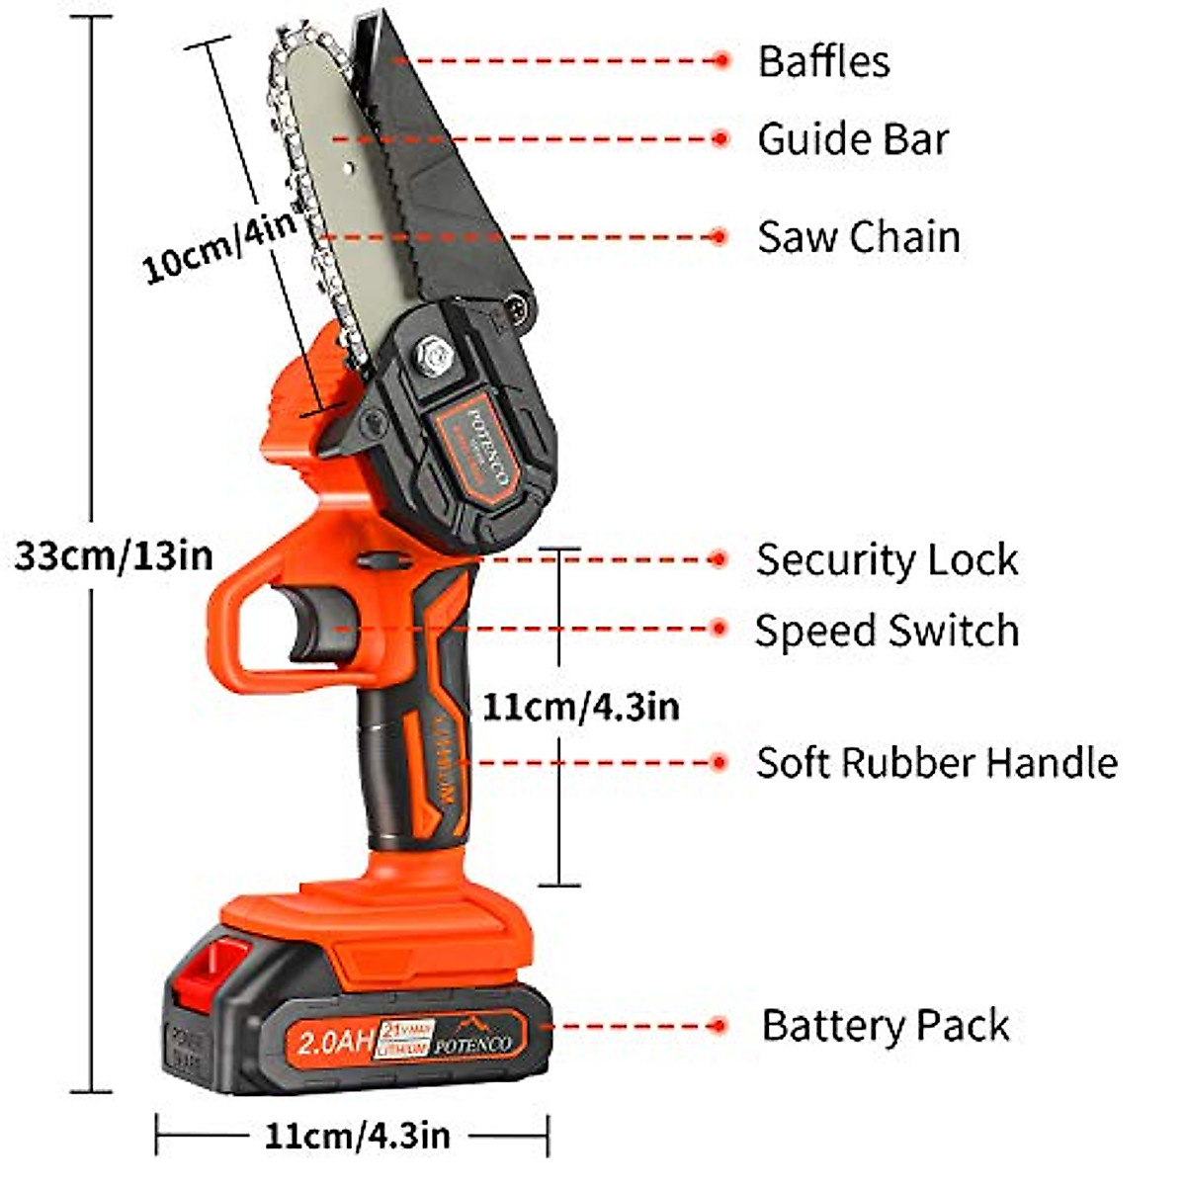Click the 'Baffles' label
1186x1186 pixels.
click(823, 61)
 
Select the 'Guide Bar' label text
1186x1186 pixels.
click(853, 139)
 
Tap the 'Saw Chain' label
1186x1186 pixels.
click(858, 237)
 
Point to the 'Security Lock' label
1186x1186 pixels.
click(887, 560)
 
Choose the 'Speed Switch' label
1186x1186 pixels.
click(887, 631)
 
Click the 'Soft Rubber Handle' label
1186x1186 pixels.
click(936, 763)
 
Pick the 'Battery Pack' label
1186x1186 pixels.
click(885, 1026)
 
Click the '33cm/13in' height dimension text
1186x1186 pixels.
click(114, 555)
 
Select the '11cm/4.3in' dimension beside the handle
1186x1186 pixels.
click(580, 706)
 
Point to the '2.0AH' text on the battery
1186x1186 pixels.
click(335, 1041)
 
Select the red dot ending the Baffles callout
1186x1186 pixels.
click(720, 61)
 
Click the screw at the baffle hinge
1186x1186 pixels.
click(518, 307)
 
